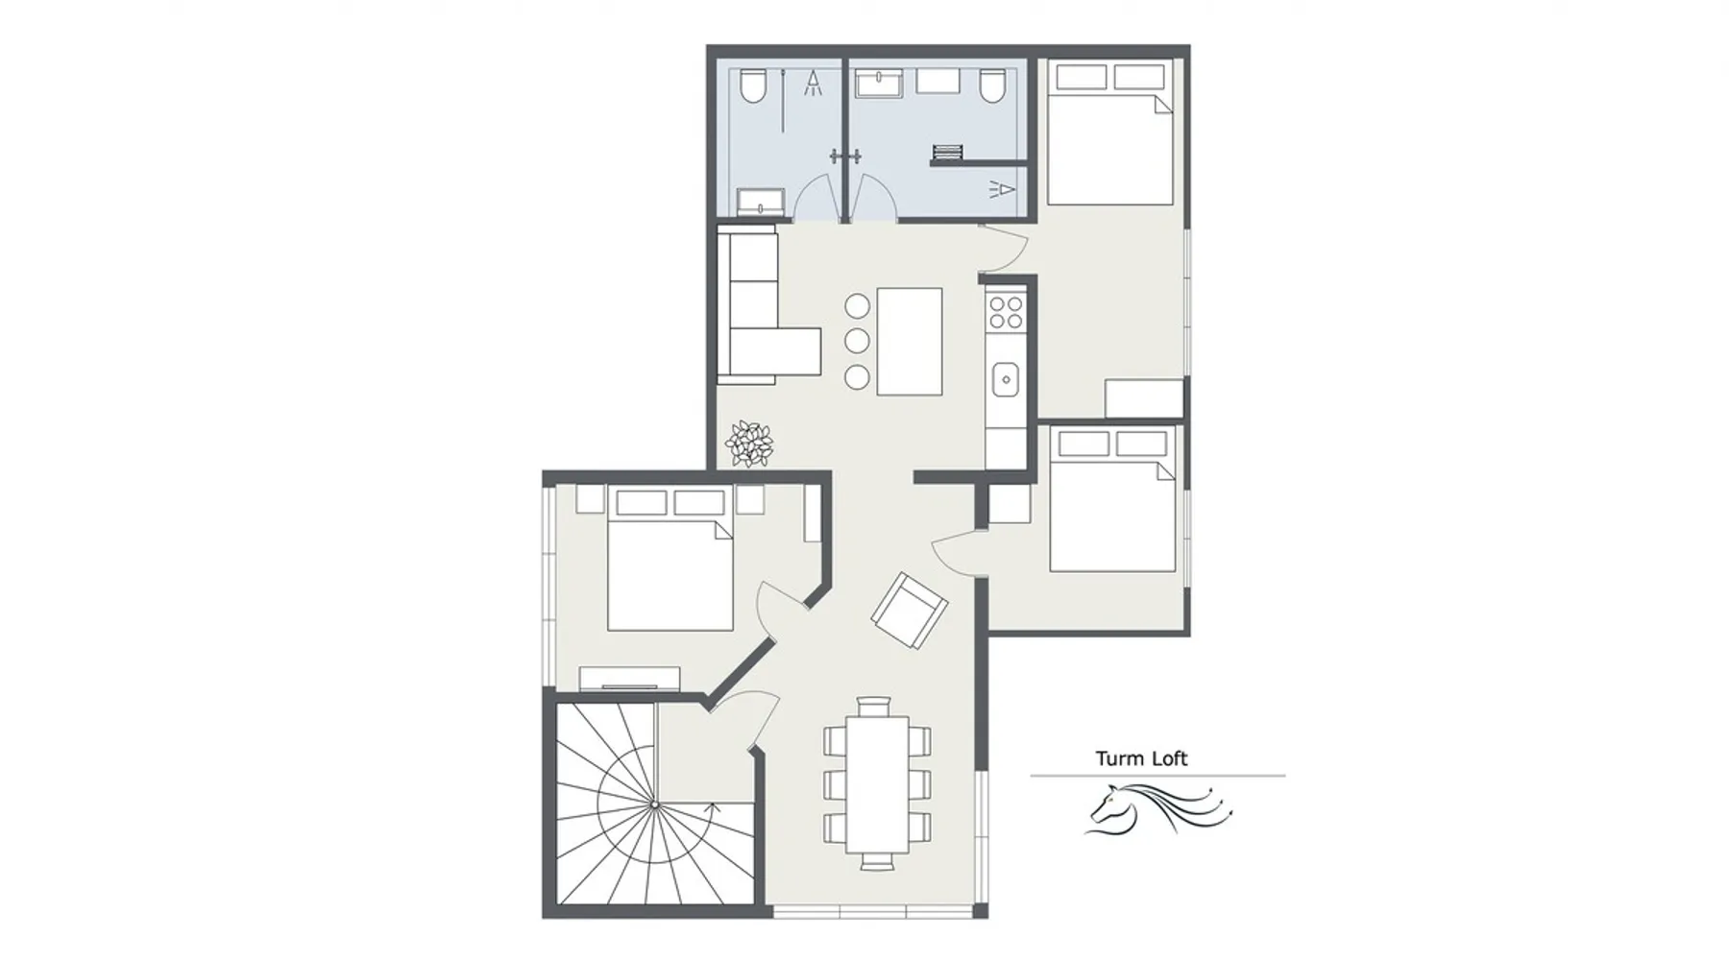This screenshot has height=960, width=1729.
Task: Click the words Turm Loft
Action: click(1141, 758)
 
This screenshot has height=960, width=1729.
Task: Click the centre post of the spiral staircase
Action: click(654, 804)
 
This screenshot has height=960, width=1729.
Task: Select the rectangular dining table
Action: click(876, 784)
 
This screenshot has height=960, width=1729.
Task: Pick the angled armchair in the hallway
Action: click(909, 610)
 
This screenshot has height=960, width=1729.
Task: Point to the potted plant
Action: click(749, 444)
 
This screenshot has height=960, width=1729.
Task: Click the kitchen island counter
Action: click(909, 341)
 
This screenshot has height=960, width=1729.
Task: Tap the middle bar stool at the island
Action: click(857, 341)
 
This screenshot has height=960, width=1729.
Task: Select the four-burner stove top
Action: click(1006, 311)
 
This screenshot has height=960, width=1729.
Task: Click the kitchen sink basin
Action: click(1006, 379)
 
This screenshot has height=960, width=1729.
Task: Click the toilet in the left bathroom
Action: click(753, 85)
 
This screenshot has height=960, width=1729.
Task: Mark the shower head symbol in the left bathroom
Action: click(814, 84)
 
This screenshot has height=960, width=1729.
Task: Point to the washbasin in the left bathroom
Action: click(761, 202)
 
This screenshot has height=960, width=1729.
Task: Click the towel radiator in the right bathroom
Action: click(947, 152)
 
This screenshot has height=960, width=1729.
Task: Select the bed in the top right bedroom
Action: click(1110, 133)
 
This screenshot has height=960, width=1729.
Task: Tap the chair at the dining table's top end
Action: click(874, 707)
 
